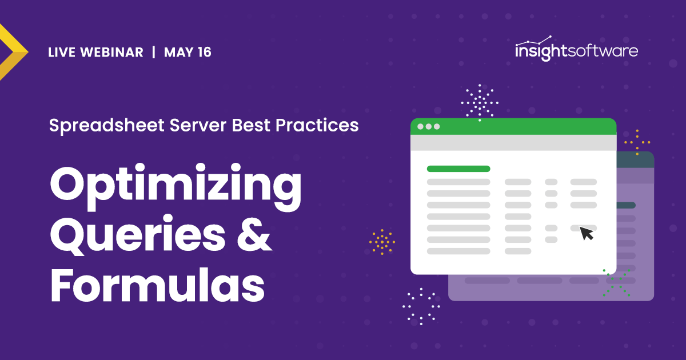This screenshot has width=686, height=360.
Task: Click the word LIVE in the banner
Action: click(x=62, y=53)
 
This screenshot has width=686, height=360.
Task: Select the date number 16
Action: click(x=204, y=53)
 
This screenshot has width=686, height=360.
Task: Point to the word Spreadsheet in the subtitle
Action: click(x=95, y=125)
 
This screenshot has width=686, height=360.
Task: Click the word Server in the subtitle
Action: click(x=185, y=125)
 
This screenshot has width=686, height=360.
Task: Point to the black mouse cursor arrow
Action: click(x=587, y=233)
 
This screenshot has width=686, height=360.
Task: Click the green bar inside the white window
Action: click(x=458, y=169)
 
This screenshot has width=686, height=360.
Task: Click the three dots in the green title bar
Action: click(x=429, y=126)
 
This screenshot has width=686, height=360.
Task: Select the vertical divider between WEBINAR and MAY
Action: click(x=153, y=53)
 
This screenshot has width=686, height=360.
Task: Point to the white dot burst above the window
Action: click(x=480, y=103)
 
